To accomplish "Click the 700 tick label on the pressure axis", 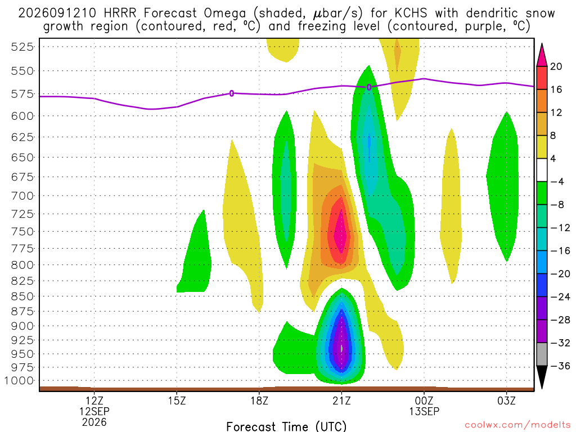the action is [x=22, y=195].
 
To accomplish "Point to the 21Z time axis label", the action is [x=341, y=400].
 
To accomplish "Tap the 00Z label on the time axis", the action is [x=424, y=400].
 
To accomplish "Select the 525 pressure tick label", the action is [x=22, y=47].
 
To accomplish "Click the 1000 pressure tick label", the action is [x=19, y=381].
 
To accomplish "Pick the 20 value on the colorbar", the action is [x=556, y=66].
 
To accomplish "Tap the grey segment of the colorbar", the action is [x=542, y=354].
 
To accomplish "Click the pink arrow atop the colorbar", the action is [x=542, y=55].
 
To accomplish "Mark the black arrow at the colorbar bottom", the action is [x=542, y=377].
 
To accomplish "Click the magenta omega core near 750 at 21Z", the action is [x=341, y=231].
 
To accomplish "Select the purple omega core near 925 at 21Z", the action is [x=342, y=341].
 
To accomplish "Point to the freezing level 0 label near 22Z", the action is [x=369, y=87].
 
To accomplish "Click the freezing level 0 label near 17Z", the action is [x=231, y=93].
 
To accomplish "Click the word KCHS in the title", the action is [x=411, y=13].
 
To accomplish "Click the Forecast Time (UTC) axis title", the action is [x=286, y=426].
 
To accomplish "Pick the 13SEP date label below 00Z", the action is [x=424, y=411].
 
